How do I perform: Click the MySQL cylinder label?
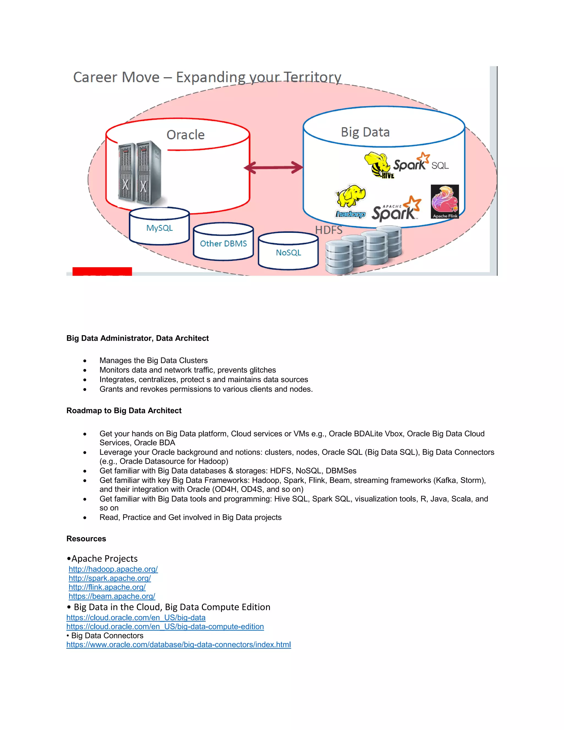click(x=159, y=228)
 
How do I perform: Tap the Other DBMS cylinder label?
click(x=223, y=244)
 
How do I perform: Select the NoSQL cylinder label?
click(x=288, y=253)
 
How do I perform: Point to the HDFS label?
click(x=329, y=230)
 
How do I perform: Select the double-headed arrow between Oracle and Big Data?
click(x=273, y=167)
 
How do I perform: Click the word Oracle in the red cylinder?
click(x=185, y=135)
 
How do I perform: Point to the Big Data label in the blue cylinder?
click(x=365, y=132)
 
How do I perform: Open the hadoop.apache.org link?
click(x=113, y=569)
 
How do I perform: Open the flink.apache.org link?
click(x=107, y=587)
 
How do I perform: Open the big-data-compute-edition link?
click(x=165, y=626)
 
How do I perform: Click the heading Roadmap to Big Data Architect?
click(x=124, y=410)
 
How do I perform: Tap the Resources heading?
click(x=86, y=539)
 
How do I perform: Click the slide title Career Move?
click(x=207, y=77)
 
